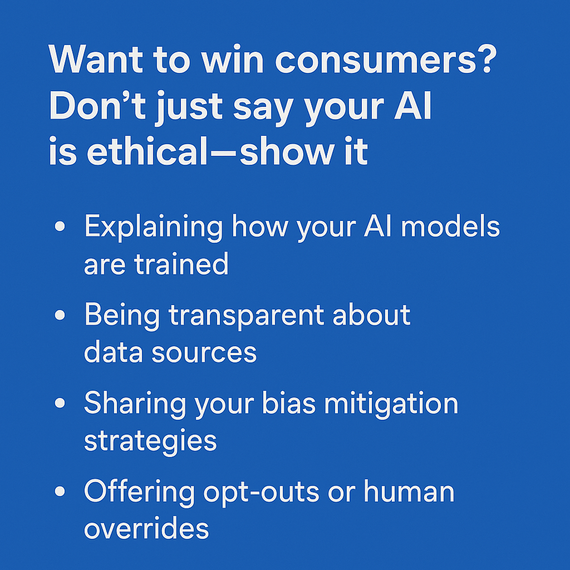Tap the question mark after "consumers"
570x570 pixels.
click(x=487, y=58)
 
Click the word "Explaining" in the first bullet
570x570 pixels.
click(x=154, y=227)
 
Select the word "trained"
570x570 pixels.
click(x=181, y=263)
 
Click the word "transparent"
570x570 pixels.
click(x=247, y=316)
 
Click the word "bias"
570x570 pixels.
click(x=289, y=403)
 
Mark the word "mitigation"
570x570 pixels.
click(x=391, y=404)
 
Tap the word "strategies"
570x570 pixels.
click(x=150, y=441)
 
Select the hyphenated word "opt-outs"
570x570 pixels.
click(x=262, y=493)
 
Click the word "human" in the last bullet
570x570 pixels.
click(x=409, y=491)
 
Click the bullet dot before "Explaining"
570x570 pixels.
click(x=60, y=227)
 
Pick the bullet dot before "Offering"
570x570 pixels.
click(x=60, y=491)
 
